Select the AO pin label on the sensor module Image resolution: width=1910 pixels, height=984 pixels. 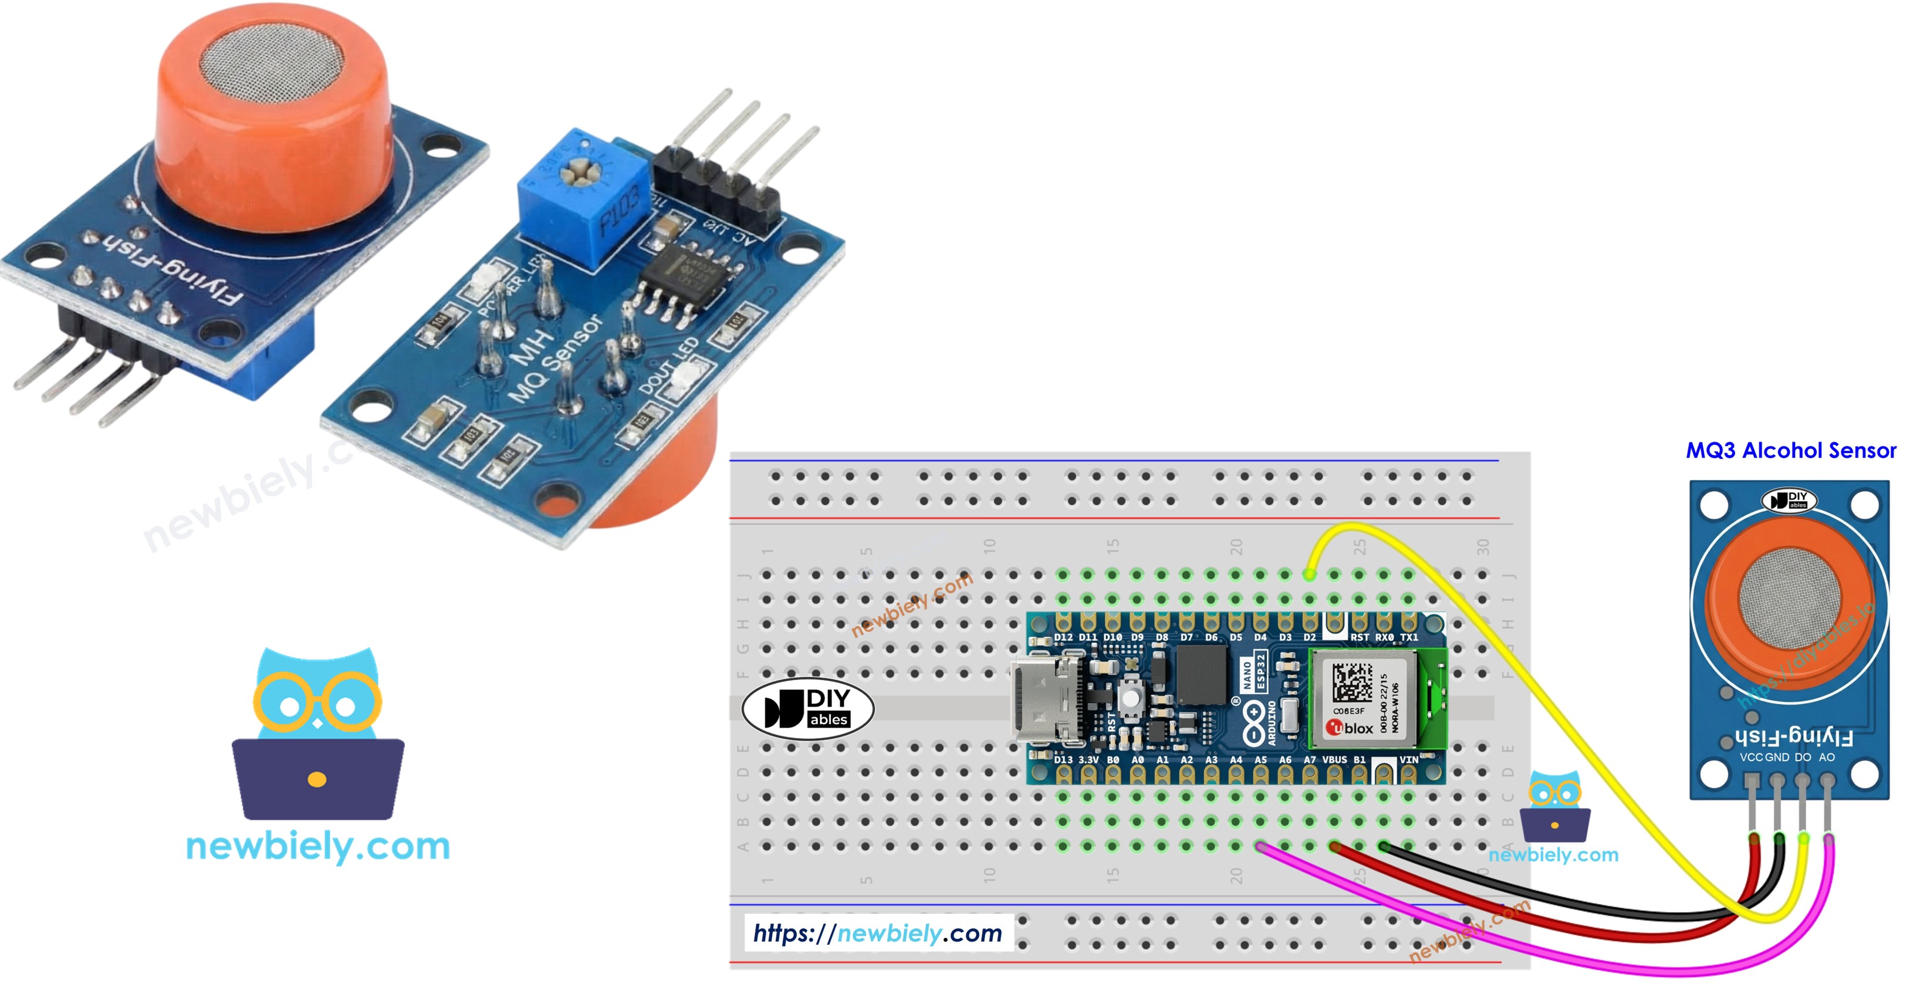point(1826,757)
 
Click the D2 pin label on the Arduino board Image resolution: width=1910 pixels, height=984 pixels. point(1309,637)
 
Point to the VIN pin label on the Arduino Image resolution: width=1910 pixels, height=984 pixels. point(1408,759)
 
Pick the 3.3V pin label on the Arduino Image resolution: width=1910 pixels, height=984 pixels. point(1088,759)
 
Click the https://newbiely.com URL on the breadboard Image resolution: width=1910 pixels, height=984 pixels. point(877,933)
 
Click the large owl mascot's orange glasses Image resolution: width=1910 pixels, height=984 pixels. point(317,701)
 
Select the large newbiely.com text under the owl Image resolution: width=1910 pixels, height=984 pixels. point(317,846)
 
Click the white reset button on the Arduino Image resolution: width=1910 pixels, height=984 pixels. point(1129,698)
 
